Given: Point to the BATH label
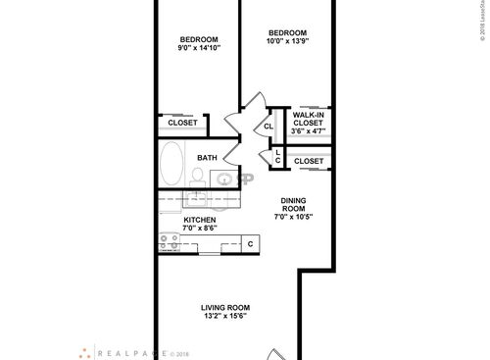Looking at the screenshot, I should pyautogui.click(x=207, y=158).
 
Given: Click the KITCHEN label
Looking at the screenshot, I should pyautogui.click(x=200, y=220).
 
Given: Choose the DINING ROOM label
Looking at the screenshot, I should pyautogui.click(x=295, y=201).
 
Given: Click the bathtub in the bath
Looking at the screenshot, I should pyautogui.click(x=172, y=163).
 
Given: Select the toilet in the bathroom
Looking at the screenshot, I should pyautogui.click(x=198, y=176).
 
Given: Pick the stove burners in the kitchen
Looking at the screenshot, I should pyautogui.click(x=170, y=239).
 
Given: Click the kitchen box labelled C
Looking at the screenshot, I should pyautogui.click(x=250, y=243).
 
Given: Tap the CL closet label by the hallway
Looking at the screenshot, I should pyautogui.click(x=268, y=127).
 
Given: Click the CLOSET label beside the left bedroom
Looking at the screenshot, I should pyautogui.click(x=182, y=123).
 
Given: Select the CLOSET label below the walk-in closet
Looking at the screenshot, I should pyautogui.click(x=310, y=160).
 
